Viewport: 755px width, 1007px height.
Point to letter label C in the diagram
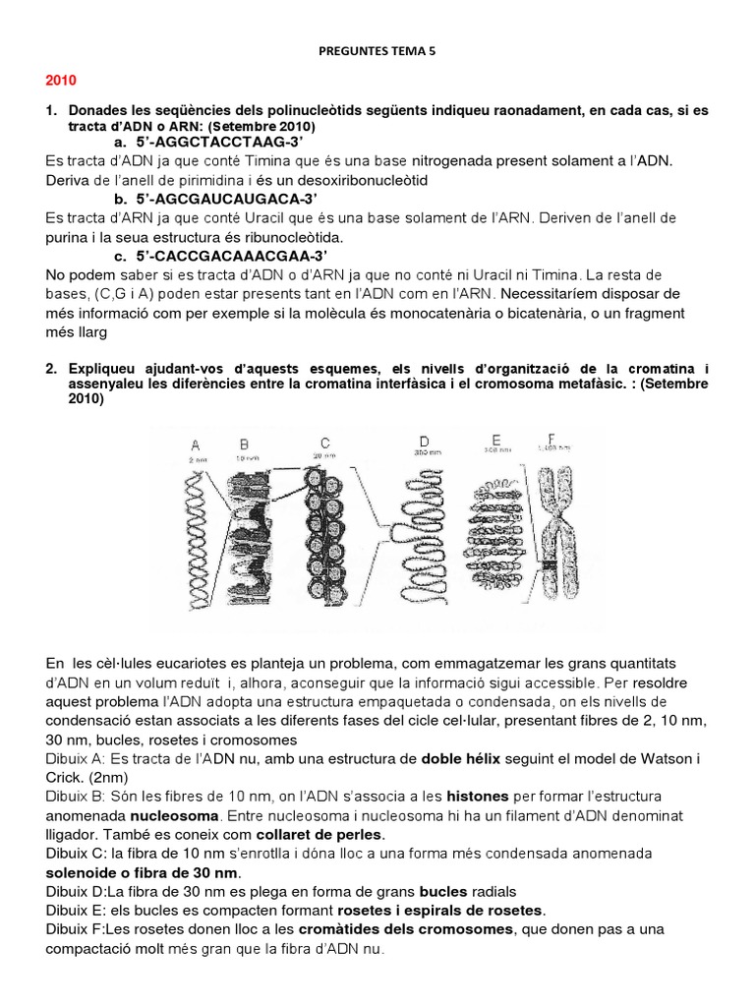[323, 442]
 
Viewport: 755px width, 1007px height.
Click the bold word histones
[479, 794]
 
